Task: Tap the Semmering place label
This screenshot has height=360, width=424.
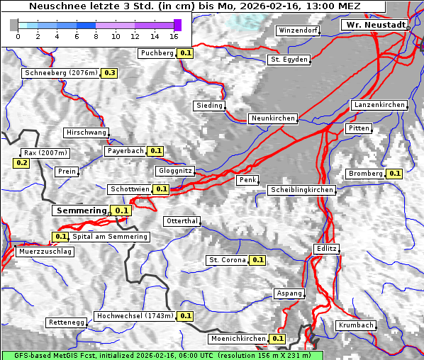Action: tap(81, 210)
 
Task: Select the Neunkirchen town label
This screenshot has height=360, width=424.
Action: tap(272, 118)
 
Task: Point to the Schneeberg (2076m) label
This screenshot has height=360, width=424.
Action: tap(60, 73)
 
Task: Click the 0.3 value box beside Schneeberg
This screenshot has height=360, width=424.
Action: tap(110, 73)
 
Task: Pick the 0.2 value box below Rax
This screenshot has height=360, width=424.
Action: tap(21, 163)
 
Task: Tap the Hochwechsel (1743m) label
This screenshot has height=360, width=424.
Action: tap(134, 316)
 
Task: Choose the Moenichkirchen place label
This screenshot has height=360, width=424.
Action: tap(238, 339)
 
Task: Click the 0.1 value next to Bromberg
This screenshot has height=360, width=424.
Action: tap(395, 174)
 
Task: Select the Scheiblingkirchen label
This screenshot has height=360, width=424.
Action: tap(301, 190)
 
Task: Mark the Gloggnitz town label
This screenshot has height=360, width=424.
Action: tap(174, 171)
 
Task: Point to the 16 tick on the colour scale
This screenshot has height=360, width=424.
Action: tap(174, 36)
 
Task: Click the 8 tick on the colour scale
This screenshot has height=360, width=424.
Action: tap(96, 36)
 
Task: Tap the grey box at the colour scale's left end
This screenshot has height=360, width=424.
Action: tap(13, 25)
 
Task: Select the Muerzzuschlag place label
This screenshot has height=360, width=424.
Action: tap(45, 252)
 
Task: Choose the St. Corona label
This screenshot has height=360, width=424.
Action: tap(227, 260)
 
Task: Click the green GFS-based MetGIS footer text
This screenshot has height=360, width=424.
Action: tap(162, 355)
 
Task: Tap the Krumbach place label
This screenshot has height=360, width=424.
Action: tap(356, 325)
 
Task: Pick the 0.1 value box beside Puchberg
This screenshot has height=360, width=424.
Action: tap(186, 53)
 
